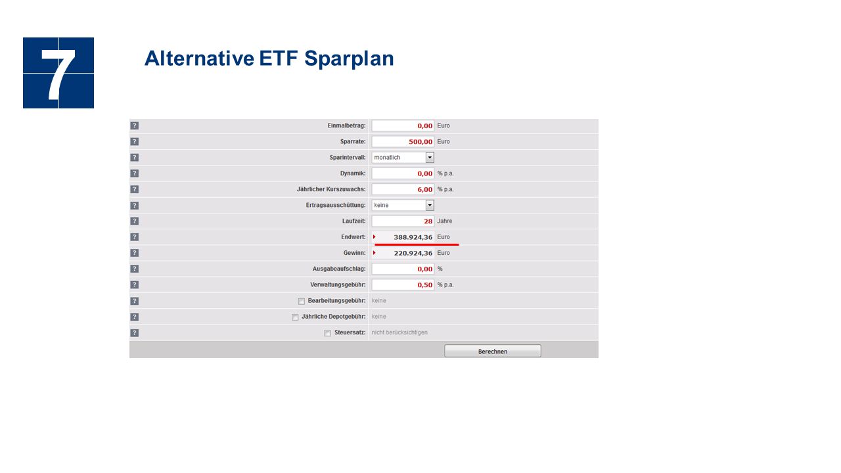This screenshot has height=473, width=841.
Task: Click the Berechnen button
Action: [x=493, y=351]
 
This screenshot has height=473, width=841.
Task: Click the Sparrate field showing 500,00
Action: [x=403, y=141]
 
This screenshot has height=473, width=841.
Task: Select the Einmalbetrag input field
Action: [x=403, y=125]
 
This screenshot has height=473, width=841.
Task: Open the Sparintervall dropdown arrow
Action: [x=430, y=157]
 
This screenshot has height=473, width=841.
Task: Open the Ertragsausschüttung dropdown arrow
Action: [x=430, y=205]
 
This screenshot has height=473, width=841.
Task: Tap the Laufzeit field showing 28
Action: [x=403, y=221]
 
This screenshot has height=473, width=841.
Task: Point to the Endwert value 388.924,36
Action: [x=413, y=237]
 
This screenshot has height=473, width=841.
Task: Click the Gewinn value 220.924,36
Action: [x=413, y=253]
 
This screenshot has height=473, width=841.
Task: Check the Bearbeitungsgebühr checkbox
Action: [x=301, y=302]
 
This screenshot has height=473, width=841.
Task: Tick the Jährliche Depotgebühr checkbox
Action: [x=295, y=317]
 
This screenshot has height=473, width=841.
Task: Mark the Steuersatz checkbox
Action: [x=327, y=333]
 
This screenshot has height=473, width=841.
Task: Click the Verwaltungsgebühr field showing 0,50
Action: [x=403, y=285]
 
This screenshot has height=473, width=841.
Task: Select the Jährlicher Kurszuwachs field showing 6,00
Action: [x=403, y=189]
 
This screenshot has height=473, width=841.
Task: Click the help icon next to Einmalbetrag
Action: [x=135, y=125]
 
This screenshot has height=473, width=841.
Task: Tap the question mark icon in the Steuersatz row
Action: [x=135, y=333]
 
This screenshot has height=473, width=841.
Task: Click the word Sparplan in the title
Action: [x=349, y=59]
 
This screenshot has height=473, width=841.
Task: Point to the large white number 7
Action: [x=58, y=74]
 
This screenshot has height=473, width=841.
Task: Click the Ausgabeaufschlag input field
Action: [x=403, y=269]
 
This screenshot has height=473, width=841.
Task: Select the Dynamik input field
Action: [x=403, y=173]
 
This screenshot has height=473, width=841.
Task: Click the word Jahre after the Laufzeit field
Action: [x=445, y=221]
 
